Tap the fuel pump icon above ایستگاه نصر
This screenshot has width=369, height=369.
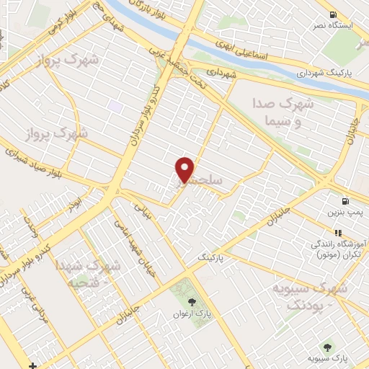point(332,14)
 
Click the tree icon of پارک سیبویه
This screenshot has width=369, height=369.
point(331,347)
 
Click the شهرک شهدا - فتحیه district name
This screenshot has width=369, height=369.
point(90,274)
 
